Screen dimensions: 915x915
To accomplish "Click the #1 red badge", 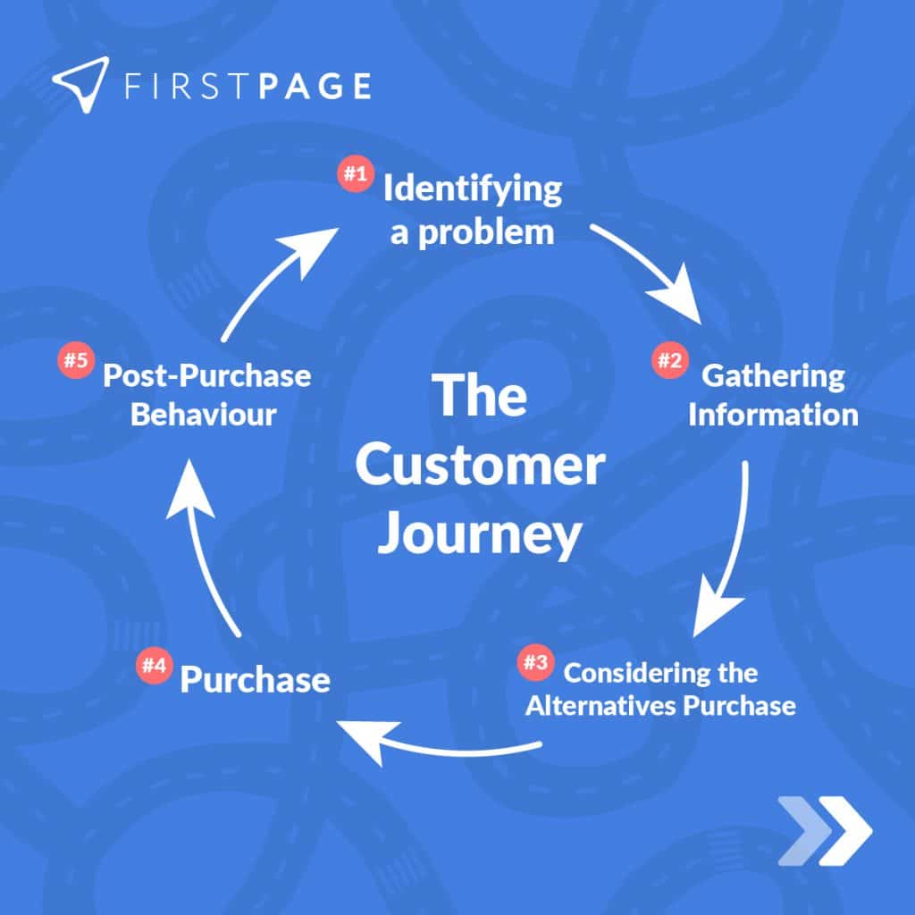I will click(x=355, y=174).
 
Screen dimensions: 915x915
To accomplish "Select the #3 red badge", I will click(x=534, y=663).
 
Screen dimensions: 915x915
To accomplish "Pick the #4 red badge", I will click(x=151, y=665).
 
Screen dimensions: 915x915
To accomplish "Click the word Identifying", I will click(x=473, y=191).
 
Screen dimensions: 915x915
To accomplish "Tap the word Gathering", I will click(x=773, y=375).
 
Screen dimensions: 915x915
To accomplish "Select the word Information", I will click(x=774, y=415).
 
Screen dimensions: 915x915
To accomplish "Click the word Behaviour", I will click(x=204, y=416).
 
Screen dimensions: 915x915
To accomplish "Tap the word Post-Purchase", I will click(x=207, y=375).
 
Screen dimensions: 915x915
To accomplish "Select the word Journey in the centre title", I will click(x=480, y=534).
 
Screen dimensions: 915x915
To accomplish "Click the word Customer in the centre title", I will click(x=480, y=466).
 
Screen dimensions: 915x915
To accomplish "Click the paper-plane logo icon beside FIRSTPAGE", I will click(x=80, y=85).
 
